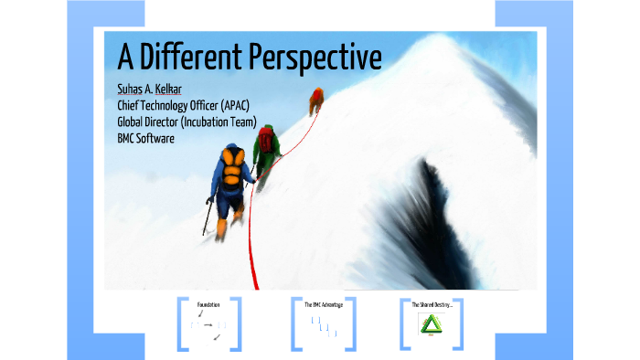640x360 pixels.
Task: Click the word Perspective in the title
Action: [x=315, y=58]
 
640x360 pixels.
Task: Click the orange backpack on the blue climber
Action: [x=231, y=170]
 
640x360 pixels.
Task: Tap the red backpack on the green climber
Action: [x=266, y=140]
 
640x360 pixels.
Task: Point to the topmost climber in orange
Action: [x=316, y=99]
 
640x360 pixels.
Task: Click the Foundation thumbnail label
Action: [x=208, y=303]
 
